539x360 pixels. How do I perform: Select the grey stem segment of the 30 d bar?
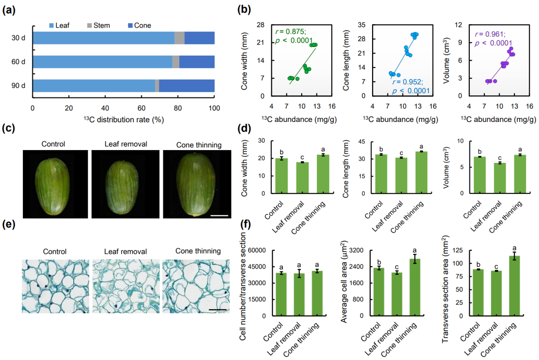(179, 38)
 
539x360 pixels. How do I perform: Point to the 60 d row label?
(19, 62)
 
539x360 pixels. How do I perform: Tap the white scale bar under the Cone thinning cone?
(219, 215)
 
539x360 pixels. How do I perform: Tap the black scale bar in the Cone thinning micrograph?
(217, 309)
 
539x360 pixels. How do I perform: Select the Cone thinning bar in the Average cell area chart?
(415, 287)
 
